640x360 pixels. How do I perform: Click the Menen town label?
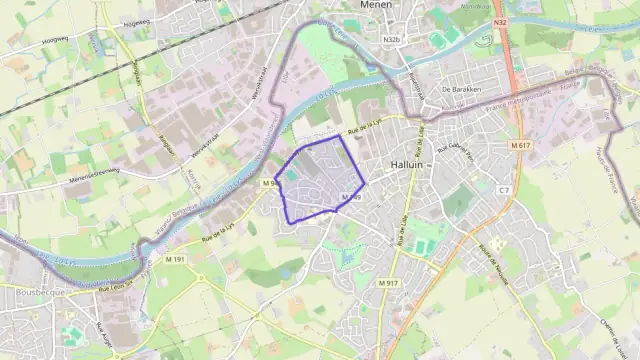pyautogui.click(x=375, y=5)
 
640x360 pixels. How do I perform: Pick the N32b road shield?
pyautogui.click(x=391, y=40)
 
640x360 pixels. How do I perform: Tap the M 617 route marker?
pyautogui.click(x=518, y=145)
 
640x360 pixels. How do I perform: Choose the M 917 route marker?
pyautogui.click(x=389, y=284)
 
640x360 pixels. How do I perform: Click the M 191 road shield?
pyautogui.click(x=176, y=260)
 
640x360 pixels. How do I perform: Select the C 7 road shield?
pyautogui.click(x=504, y=189)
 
